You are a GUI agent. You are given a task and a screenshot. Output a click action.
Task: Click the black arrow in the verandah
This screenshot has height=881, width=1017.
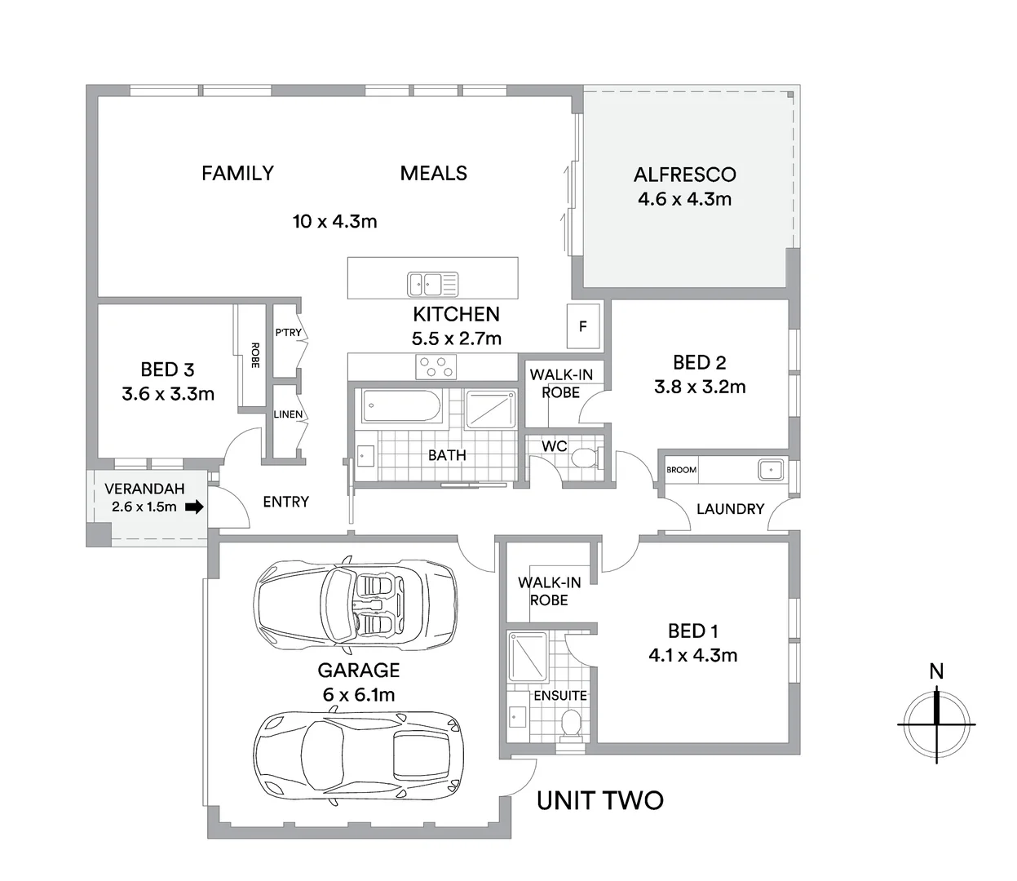(x=194, y=507)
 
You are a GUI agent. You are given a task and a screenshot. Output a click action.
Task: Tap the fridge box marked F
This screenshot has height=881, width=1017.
(x=583, y=326)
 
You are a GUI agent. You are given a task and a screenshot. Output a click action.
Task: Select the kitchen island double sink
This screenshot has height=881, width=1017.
(x=433, y=285)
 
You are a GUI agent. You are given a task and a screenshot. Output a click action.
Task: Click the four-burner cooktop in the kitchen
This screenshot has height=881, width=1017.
(x=436, y=366)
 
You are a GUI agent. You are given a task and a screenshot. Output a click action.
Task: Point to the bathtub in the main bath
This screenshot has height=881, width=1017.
(x=401, y=405)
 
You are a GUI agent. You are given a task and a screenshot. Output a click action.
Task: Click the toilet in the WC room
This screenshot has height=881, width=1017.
(x=585, y=457)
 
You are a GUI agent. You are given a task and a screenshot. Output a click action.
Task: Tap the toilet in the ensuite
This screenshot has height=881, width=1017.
(x=571, y=723)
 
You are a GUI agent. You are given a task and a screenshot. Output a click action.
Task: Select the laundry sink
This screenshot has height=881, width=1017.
(x=769, y=470)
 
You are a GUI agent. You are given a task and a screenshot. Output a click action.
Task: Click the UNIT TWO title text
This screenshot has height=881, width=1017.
(x=599, y=801)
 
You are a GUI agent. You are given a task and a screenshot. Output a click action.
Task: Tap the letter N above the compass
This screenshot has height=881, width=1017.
(x=936, y=671)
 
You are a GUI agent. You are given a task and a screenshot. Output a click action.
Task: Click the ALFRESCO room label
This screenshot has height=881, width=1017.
(x=684, y=175)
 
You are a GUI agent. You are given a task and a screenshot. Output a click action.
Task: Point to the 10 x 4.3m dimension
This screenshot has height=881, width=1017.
(x=334, y=221)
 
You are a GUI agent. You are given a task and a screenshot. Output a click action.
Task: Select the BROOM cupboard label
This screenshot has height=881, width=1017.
(x=681, y=470)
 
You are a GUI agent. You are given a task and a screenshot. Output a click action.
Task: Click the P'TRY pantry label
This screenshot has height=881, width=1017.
(x=288, y=332)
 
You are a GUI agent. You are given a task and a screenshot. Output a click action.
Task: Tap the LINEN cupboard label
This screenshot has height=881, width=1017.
(x=288, y=414)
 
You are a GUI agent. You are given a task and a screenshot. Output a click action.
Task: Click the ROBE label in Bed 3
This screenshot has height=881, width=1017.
(x=254, y=355)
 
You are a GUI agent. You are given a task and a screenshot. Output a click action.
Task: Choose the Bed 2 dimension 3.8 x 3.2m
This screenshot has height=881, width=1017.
(x=700, y=387)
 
